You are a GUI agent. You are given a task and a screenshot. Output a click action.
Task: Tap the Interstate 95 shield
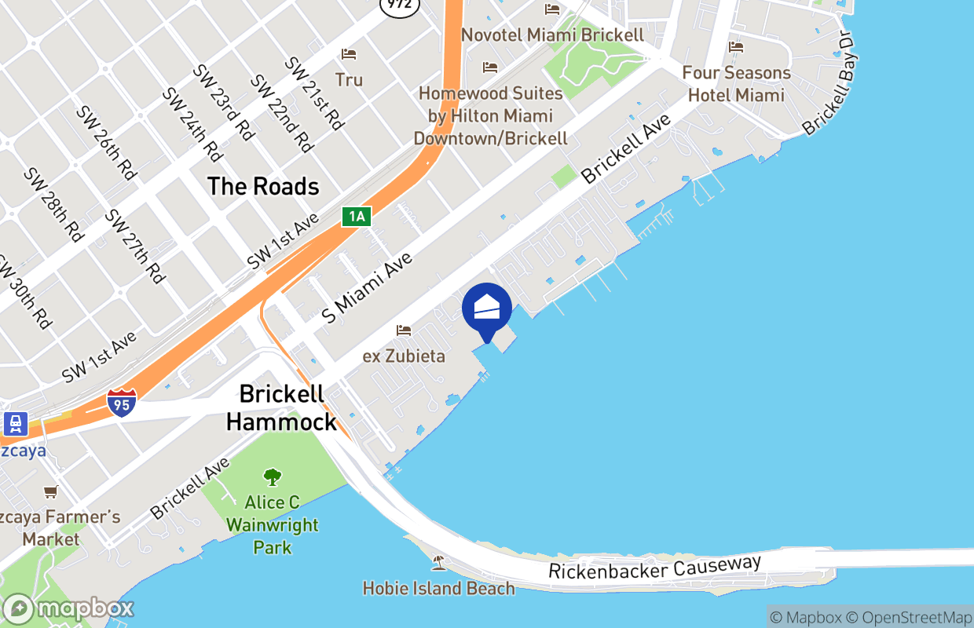click(x=121, y=401)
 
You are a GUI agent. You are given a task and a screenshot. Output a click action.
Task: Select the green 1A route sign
click(x=356, y=217)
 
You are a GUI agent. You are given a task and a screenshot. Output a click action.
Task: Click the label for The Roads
click(x=263, y=186)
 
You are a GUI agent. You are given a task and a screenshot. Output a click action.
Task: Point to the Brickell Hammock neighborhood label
click(x=282, y=407)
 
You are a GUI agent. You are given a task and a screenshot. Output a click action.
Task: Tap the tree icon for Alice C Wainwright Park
click(x=273, y=476)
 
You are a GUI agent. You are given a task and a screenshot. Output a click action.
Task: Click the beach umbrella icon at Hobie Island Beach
click(x=438, y=562)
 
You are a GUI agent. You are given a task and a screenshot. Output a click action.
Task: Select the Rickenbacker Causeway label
click(x=654, y=568)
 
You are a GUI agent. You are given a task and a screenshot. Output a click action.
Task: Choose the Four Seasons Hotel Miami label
click(x=736, y=84)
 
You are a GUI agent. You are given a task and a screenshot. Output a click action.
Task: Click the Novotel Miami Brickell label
click(x=552, y=35)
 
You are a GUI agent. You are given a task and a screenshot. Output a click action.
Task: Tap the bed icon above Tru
click(x=349, y=54)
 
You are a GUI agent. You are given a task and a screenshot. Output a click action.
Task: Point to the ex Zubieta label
click(x=404, y=356)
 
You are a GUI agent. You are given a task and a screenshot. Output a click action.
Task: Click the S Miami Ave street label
click(x=367, y=288)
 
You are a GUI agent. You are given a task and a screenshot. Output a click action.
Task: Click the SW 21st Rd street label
click(x=314, y=93)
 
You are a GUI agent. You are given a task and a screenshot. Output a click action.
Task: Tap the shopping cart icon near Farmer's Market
click(x=51, y=491)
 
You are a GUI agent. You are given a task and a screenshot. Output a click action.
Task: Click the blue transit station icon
click(x=15, y=425)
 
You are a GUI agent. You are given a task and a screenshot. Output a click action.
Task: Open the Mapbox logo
click(x=68, y=608)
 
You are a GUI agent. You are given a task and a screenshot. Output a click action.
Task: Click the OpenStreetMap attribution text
click(x=914, y=617)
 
